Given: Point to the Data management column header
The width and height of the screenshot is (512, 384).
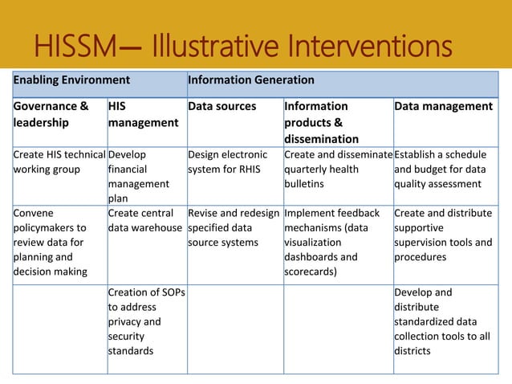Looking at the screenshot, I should (443, 106).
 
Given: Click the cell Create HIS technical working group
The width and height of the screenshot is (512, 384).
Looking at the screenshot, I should (59, 161).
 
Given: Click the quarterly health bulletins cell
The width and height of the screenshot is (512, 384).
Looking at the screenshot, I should (336, 169).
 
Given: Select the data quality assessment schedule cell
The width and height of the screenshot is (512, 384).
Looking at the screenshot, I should (443, 169).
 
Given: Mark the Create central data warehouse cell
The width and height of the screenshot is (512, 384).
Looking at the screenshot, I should (145, 221).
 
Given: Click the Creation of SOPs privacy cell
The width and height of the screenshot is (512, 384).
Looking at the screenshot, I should (146, 321).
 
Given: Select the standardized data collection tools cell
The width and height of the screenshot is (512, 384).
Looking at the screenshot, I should (443, 321).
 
